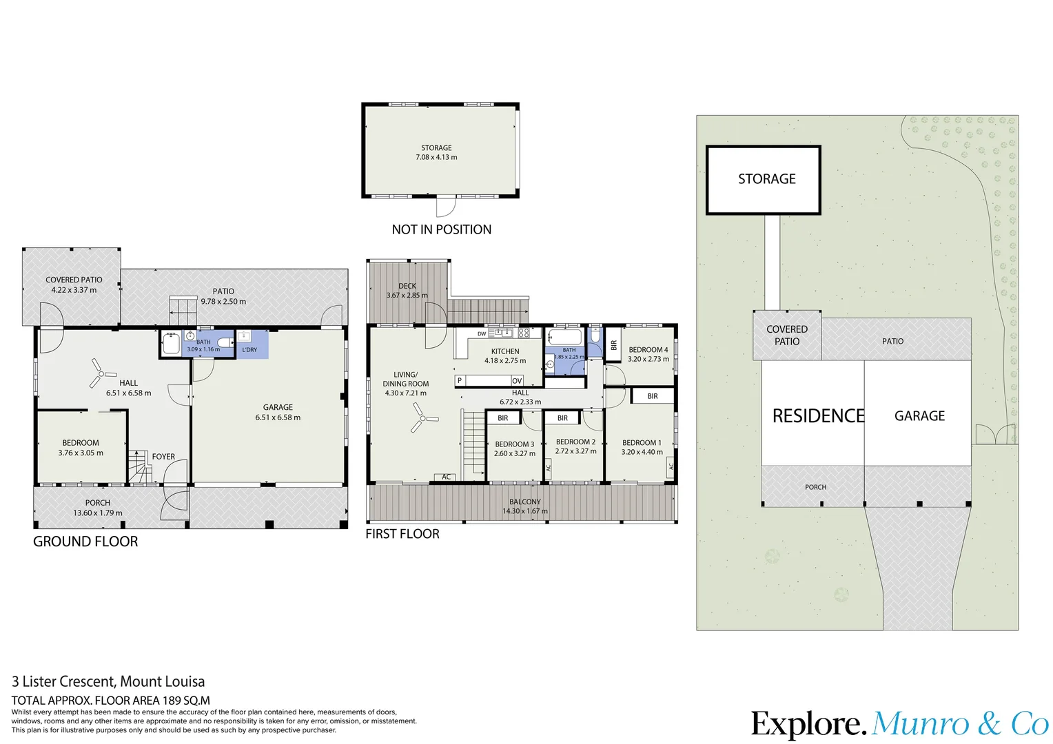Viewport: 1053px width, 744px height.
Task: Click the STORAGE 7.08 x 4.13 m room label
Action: [x=436, y=152]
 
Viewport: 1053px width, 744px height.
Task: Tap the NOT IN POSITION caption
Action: [x=442, y=229]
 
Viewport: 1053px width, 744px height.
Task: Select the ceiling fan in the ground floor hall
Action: [x=101, y=373]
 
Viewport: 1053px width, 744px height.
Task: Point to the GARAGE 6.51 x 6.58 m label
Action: [x=278, y=412]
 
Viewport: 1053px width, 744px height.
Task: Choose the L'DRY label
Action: [x=249, y=350]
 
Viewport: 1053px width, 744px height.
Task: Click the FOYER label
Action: [x=163, y=456]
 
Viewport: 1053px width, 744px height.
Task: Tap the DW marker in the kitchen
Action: [x=482, y=333]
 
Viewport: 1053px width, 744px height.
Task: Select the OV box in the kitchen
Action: [x=517, y=381]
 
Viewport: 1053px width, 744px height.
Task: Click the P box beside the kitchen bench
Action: [x=460, y=380]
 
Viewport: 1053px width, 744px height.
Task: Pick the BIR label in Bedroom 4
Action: [x=613, y=345]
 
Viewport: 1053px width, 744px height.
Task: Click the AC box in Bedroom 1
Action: [x=671, y=466]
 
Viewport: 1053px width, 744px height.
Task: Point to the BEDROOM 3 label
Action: [x=514, y=444]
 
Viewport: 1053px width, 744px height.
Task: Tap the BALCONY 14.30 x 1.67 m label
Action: [x=524, y=506]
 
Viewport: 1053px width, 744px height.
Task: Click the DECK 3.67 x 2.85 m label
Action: [x=407, y=291]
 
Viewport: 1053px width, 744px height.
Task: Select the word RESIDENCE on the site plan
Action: [x=818, y=416]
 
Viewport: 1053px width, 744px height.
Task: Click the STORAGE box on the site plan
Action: [x=764, y=180]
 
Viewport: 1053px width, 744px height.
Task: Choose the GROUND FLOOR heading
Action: [x=85, y=541]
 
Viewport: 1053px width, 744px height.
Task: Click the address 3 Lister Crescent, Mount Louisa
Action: [x=108, y=681]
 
